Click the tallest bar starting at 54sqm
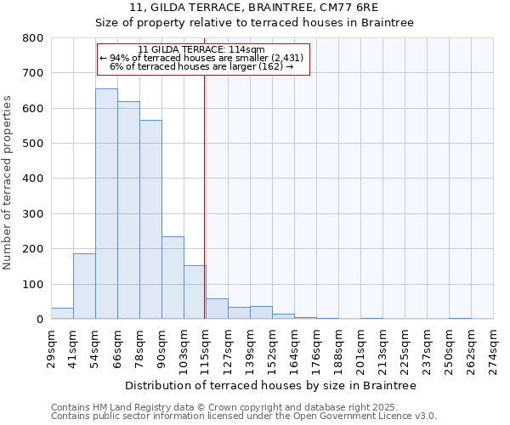click(x=106, y=204)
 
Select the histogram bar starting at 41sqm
click(x=84, y=286)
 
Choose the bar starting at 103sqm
click(x=195, y=292)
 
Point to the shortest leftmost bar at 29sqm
click(x=62, y=314)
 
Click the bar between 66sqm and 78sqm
click(x=128, y=211)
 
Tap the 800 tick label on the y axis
click(x=32, y=38)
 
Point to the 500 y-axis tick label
click(x=32, y=144)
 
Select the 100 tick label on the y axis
click(x=32, y=285)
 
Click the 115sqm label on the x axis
click(x=205, y=348)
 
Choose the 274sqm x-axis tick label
click(x=494, y=348)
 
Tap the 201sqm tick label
click(x=360, y=348)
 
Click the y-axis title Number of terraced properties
click(x=8, y=183)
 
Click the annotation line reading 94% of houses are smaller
click(x=203, y=58)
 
